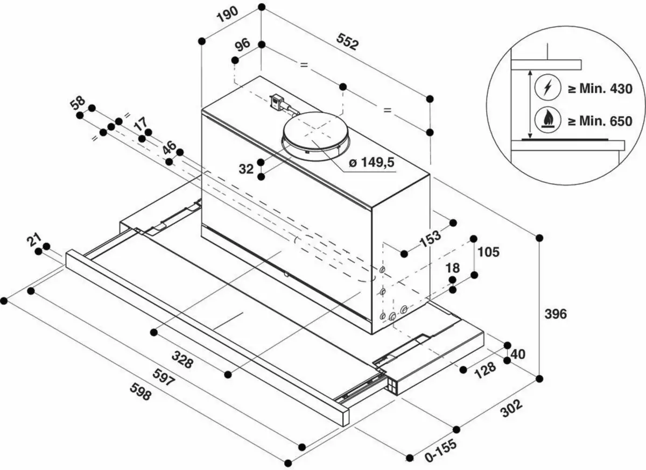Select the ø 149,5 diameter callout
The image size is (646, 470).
[371, 163]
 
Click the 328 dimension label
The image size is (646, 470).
[183, 359]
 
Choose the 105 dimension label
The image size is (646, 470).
[489, 252]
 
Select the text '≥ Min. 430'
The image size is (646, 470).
[599, 89]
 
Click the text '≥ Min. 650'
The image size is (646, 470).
[599, 122]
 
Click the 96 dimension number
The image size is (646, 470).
[242, 45]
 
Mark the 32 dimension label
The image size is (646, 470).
[246, 169]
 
